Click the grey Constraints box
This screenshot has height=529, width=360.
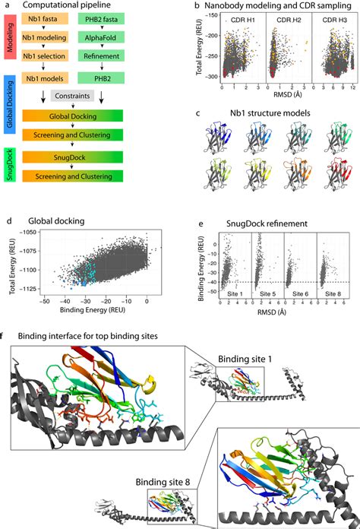(x=77, y=96)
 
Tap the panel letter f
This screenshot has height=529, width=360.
(x=5, y=337)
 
